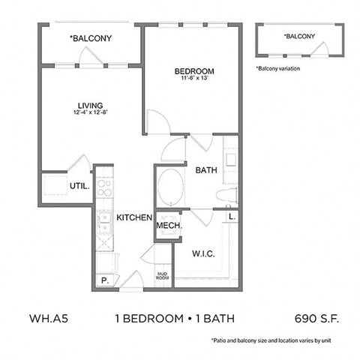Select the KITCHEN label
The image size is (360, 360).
pyautogui.click(x=135, y=217)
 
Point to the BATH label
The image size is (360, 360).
pyautogui.click(x=205, y=170)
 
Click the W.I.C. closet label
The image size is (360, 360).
pyautogui.click(x=204, y=254)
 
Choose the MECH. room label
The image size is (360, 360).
pyautogui.click(x=169, y=225)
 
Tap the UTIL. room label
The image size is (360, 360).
pyautogui.click(x=79, y=184)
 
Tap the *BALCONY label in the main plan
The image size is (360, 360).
pyautogui.click(x=91, y=37)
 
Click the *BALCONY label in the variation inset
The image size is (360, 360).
pyautogui.click(x=299, y=36)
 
